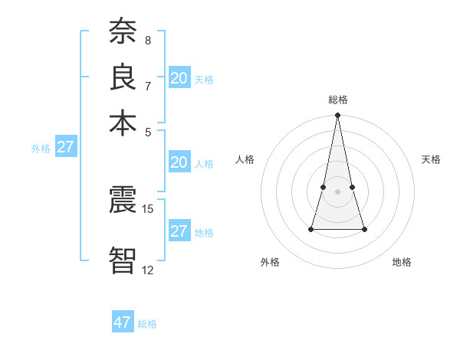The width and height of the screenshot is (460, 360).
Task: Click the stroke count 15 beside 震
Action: (x=148, y=208)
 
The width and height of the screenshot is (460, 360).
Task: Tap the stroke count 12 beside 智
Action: (x=148, y=270)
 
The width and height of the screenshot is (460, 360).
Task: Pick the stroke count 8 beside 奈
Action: (x=148, y=40)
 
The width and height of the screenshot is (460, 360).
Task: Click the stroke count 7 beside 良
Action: (x=148, y=85)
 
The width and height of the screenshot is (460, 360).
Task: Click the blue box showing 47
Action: (x=123, y=322)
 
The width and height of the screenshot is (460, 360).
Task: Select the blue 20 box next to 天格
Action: (x=179, y=78)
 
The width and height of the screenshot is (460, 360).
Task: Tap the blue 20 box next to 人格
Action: (x=179, y=162)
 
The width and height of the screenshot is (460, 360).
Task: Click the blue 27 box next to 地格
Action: (x=179, y=231)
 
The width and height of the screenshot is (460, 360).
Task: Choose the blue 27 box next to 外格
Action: (x=65, y=147)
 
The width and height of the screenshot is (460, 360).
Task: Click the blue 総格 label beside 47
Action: (x=147, y=324)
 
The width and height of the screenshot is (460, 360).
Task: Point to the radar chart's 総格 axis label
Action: (x=337, y=100)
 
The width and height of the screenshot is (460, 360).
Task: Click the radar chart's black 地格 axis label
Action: (x=402, y=262)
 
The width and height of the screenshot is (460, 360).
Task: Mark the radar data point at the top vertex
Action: (x=337, y=116)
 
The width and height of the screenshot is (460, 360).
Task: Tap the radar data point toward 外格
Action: (x=311, y=229)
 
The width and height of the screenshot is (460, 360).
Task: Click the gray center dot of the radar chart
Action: (x=337, y=191)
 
